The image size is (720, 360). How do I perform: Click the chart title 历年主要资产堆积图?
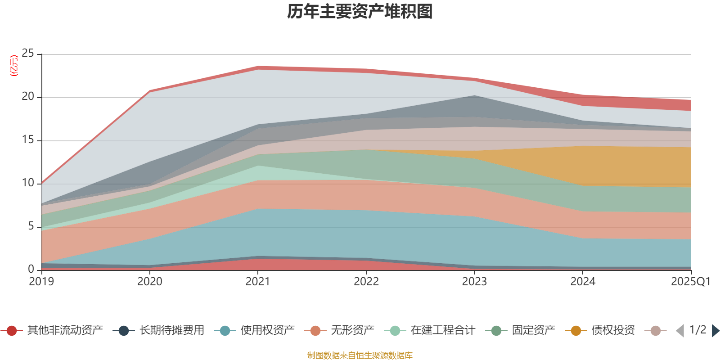[360, 12]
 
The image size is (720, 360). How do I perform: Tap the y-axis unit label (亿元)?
[14, 66]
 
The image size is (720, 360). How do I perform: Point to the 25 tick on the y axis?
[28, 54]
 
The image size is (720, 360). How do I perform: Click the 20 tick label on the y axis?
[28, 97]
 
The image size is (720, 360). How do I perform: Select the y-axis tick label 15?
[28, 140]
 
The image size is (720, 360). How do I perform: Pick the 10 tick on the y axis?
[28, 183]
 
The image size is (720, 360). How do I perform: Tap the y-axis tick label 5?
[31, 226]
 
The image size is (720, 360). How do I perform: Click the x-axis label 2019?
[41, 282]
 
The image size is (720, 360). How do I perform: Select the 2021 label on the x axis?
[258, 282]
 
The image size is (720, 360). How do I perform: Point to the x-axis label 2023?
[474, 282]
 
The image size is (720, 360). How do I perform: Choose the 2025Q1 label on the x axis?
[690, 282]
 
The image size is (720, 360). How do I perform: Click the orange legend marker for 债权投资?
[576, 331]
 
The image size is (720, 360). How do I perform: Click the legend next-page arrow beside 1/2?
[715, 331]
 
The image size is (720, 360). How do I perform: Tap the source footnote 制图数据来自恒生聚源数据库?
[360, 355]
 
